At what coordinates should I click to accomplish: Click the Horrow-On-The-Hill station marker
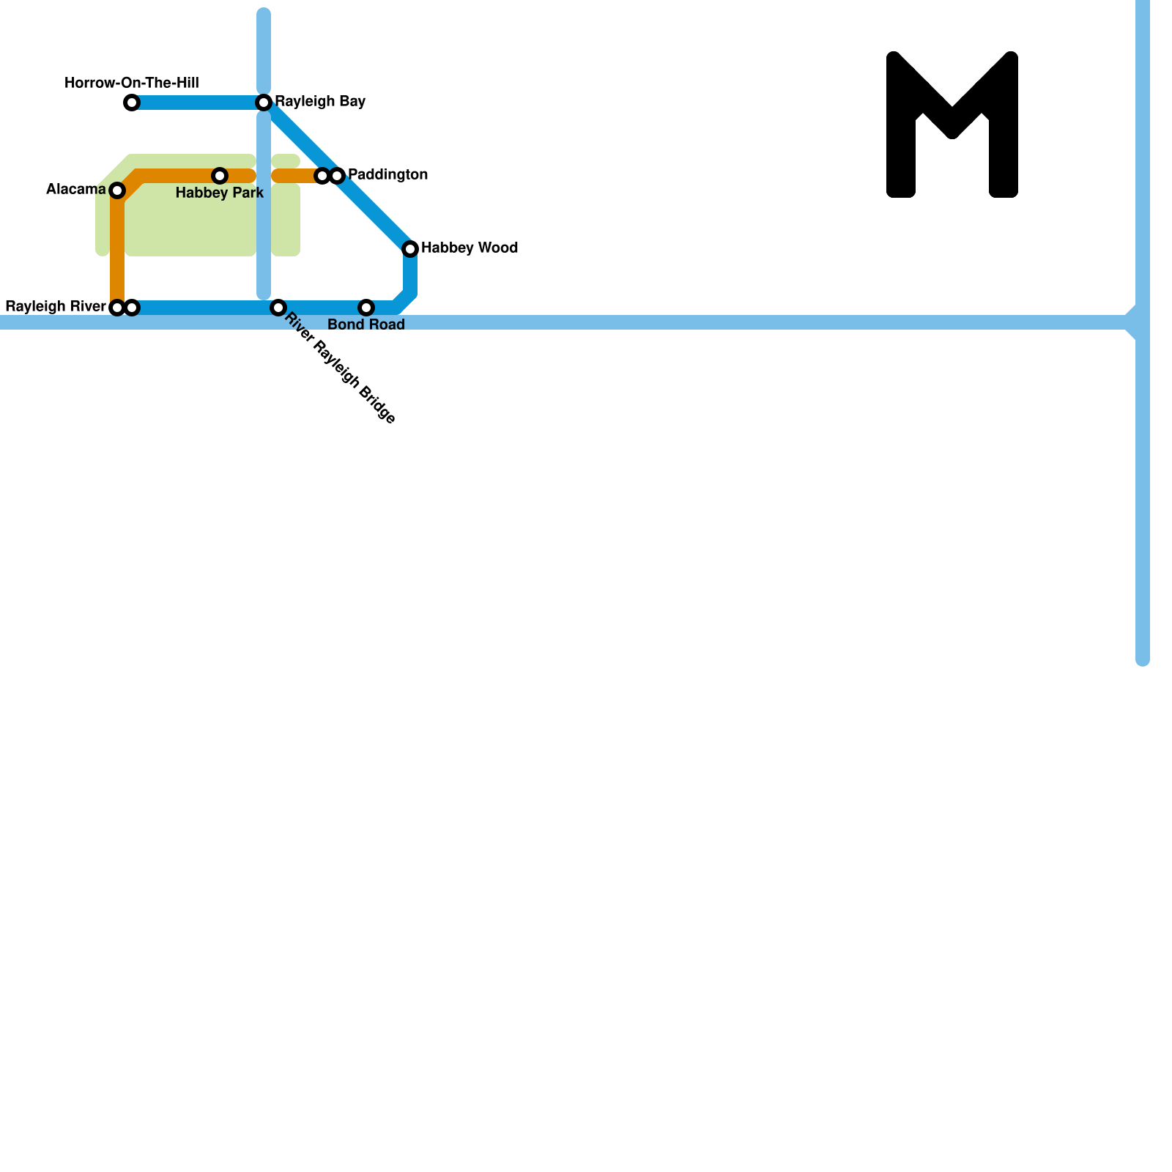pyautogui.click(x=132, y=103)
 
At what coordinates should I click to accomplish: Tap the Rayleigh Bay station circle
pyautogui.click(x=264, y=103)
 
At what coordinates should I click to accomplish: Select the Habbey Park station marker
pyautogui.click(x=220, y=176)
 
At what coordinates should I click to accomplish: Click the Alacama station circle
pyautogui.click(x=117, y=190)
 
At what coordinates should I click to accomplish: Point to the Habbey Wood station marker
pyautogui.click(x=410, y=249)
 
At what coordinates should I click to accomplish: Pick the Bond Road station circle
pyautogui.click(x=366, y=308)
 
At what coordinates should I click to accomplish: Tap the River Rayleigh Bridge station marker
pyautogui.click(x=278, y=308)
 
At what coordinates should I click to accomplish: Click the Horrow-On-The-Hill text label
pyautogui.click(x=132, y=84)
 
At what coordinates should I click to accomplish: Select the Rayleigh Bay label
pyautogui.click(x=320, y=102)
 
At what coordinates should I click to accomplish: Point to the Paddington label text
pyautogui.click(x=387, y=175)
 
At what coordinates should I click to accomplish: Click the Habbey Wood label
pyautogui.click(x=470, y=248)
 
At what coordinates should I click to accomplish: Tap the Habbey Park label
pyautogui.click(x=220, y=193)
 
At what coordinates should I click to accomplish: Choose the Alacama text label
pyautogui.click(x=76, y=190)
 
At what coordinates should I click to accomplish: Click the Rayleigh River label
pyautogui.click(x=56, y=307)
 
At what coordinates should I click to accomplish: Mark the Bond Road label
pyautogui.click(x=366, y=324)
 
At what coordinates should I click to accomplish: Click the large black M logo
pyautogui.click(x=952, y=125)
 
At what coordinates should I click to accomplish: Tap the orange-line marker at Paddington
pyautogui.click(x=322, y=176)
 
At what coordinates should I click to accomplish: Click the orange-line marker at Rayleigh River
pyautogui.click(x=117, y=308)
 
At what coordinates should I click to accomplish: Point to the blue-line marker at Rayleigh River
pyautogui.click(x=132, y=308)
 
